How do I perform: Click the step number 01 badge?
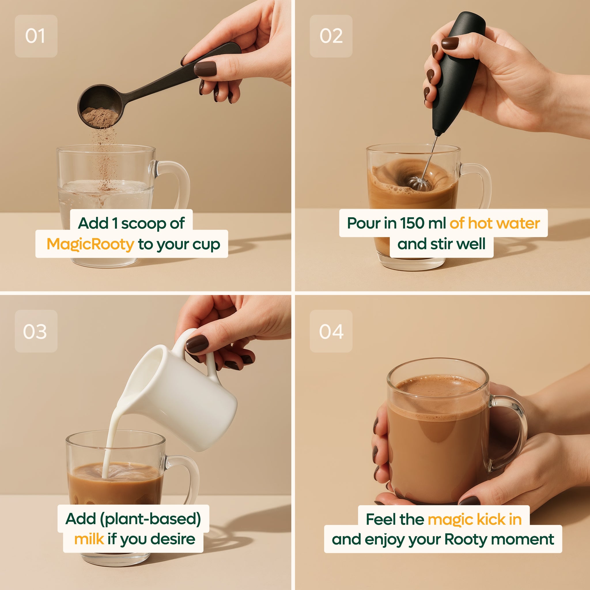click(36, 36)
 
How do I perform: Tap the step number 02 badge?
click(331, 36)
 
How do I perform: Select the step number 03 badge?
click(36, 331)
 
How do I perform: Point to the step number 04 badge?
click(331, 331)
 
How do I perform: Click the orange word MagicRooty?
click(90, 244)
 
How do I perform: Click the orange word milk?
click(89, 539)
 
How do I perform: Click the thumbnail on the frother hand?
click(449, 43)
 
